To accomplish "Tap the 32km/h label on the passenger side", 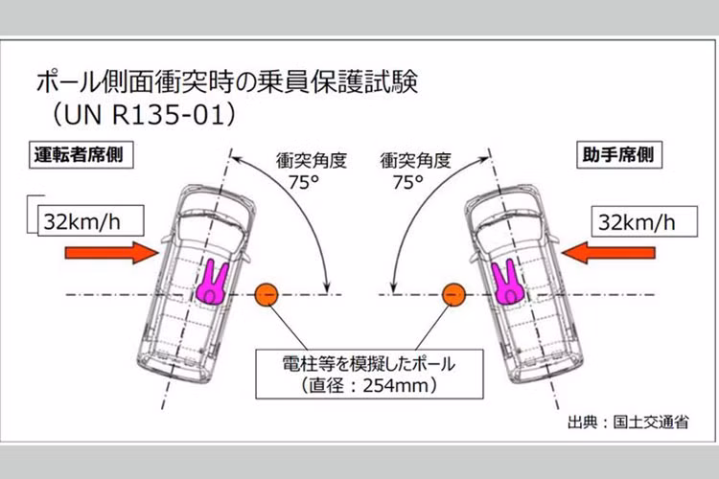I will click(637, 222).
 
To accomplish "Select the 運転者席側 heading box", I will click(80, 153).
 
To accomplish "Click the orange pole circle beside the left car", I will click(267, 293).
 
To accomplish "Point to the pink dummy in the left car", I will click(210, 283).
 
